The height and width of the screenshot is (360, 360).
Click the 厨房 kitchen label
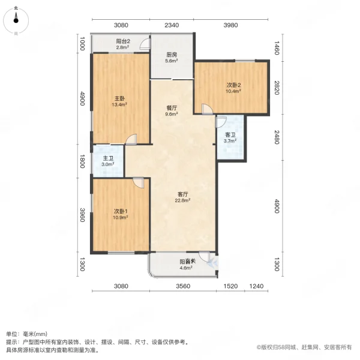pos(172,55)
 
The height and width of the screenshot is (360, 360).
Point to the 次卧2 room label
pos(233,85)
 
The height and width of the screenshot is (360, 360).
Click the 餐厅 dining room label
pos(172,108)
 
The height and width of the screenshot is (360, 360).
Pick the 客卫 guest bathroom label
pos(230,134)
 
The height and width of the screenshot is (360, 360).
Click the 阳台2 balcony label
pos(123,41)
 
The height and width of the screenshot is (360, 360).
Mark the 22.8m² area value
pos(183,201)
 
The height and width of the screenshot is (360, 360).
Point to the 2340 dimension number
pos(172,25)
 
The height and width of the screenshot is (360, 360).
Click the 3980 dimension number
pos(231,25)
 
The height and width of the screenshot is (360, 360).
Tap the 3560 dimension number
pos(183,286)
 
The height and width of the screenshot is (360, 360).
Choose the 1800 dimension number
pos(82,161)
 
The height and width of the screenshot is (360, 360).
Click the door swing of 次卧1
pos(138,184)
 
